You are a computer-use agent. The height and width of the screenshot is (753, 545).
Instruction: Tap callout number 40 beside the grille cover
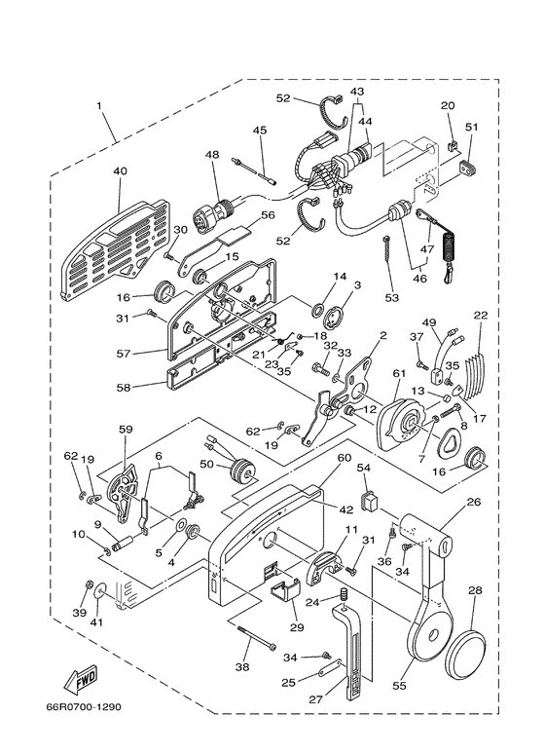pyautogui.click(x=121, y=171)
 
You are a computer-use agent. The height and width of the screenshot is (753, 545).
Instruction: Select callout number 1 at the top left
pyautogui.click(x=97, y=105)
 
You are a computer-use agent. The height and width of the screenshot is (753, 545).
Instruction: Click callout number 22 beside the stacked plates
pyautogui.click(x=480, y=315)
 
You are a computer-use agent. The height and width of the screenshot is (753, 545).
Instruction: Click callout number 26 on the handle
pyautogui.click(x=474, y=504)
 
